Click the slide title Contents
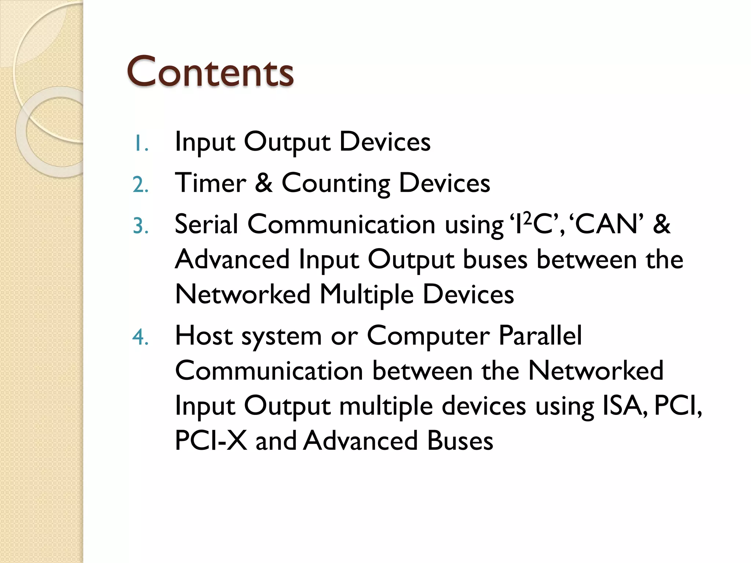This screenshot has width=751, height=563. [x=210, y=71]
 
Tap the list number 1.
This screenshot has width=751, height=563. [x=140, y=143]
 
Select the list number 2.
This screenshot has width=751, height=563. [x=140, y=184]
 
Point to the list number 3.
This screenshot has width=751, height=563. [x=140, y=225]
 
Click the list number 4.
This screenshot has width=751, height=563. [x=140, y=337]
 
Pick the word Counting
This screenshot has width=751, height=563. [x=336, y=183]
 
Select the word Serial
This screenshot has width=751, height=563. [x=206, y=224]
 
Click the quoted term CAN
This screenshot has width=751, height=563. [x=607, y=224]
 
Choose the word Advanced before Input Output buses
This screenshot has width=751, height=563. [x=232, y=259]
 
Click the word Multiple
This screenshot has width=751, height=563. [x=366, y=294]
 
